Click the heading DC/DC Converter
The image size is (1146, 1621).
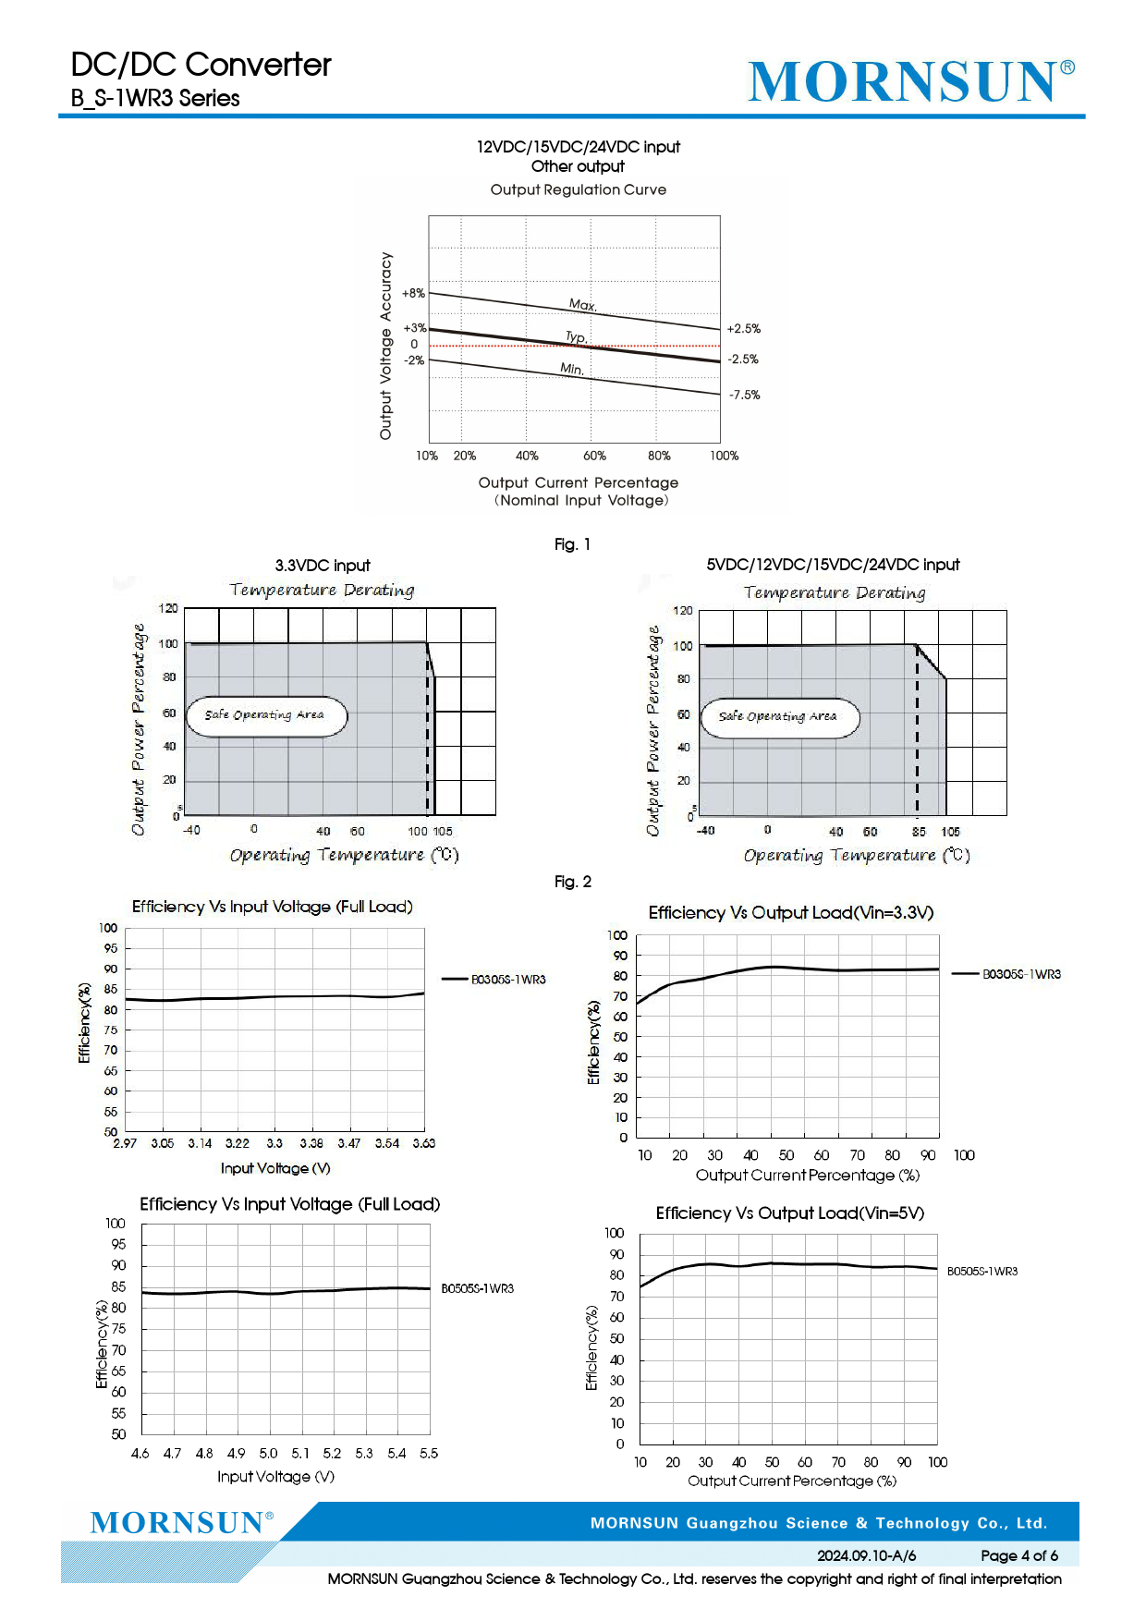[x=201, y=65]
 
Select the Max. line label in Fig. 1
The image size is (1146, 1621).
[x=582, y=304]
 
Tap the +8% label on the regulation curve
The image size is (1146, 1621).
[x=413, y=293]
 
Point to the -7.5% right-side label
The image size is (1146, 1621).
[x=744, y=395]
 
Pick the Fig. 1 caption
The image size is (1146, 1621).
[x=572, y=544]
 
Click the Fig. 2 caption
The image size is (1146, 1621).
[x=572, y=882]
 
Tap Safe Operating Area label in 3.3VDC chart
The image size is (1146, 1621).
[x=264, y=714]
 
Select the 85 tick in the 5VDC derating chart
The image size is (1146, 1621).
[x=918, y=832]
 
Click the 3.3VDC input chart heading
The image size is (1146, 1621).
[x=323, y=566]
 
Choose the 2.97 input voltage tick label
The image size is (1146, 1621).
[x=125, y=1143]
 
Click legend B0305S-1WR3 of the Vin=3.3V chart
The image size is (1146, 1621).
[x=1020, y=974]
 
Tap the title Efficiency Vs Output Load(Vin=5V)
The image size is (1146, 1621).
[x=789, y=1213]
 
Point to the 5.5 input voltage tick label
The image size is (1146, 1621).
[x=429, y=1453]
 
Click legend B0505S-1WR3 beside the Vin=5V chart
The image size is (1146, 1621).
[x=981, y=1272]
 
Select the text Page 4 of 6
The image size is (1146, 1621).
[x=1018, y=1555]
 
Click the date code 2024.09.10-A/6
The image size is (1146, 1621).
[x=866, y=1555]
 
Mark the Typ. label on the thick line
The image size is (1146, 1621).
[x=576, y=337]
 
